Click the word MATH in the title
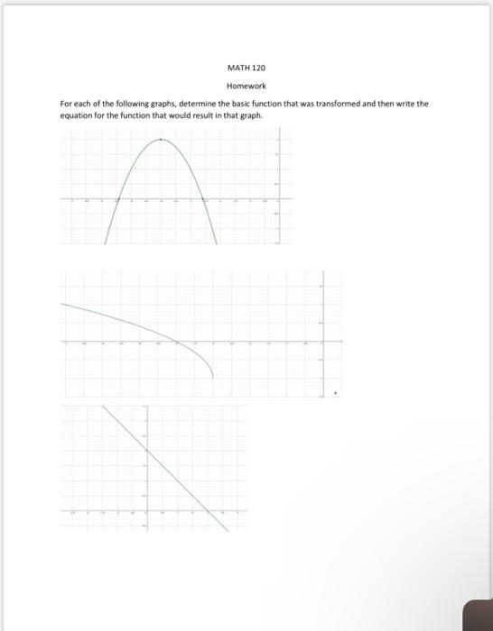point(237,68)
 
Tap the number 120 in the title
point(259,68)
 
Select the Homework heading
point(247,87)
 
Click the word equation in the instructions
point(77,115)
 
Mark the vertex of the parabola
point(162,140)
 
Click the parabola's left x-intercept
point(117,199)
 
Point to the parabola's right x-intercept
point(205,199)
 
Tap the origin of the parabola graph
point(278,199)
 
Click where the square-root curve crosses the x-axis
point(177,343)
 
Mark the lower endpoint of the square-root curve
point(213,378)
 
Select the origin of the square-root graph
point(323,343)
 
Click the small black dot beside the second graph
point(338,393)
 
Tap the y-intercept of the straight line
point(145,450)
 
